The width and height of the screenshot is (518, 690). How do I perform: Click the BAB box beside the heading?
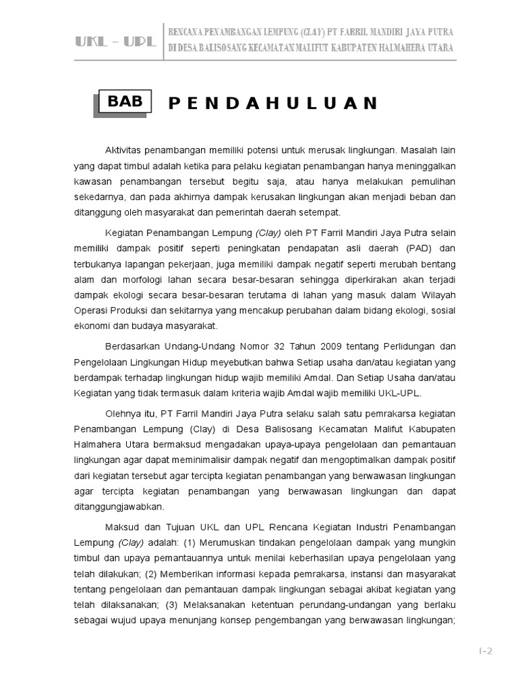click(125, 102)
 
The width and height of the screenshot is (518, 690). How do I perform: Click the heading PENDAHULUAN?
click(272, 103)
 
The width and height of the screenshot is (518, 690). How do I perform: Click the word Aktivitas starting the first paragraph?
click(125, 150)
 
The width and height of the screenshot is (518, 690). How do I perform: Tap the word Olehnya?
click(122, 412)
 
